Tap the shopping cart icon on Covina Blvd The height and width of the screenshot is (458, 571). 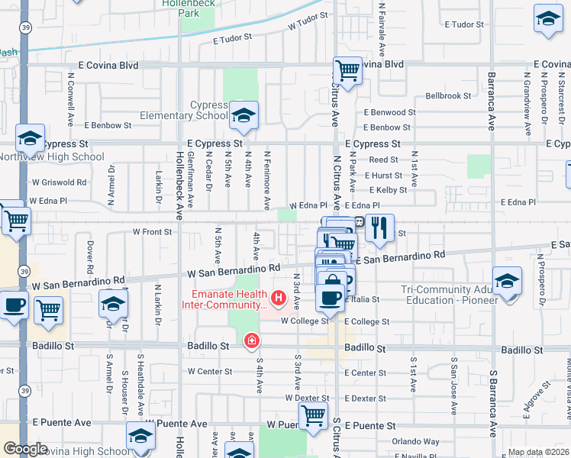[347, 71]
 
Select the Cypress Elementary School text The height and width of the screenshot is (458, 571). [182, 110]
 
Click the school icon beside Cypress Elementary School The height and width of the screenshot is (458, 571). [244, 115]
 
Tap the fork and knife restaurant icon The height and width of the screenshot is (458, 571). [379, 228]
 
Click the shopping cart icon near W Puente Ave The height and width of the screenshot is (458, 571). [313, 416]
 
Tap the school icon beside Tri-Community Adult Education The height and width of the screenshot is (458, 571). [507, 281]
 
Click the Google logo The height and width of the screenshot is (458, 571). [25, 449]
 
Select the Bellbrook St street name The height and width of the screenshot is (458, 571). [448, 96]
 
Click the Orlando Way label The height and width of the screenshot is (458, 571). [415, 441]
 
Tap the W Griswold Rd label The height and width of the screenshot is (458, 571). [59, 183]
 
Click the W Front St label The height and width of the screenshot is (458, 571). [152, 231]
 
